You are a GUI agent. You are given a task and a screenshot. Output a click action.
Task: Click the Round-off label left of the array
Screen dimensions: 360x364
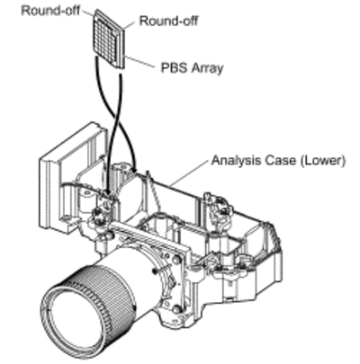(x=50, y=11)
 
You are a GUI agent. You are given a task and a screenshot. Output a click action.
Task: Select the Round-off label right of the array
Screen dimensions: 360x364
(x=168, y=21)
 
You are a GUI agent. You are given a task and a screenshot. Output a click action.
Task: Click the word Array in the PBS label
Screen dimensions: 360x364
(x=207, y=68)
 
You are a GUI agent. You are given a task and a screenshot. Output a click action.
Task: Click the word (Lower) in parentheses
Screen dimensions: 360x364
(x=323, y=160)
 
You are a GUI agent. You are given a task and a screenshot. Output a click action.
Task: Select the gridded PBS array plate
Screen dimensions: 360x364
(x=109, y=39)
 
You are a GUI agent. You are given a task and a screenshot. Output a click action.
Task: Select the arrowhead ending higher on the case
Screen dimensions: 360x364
(x=134, y=169)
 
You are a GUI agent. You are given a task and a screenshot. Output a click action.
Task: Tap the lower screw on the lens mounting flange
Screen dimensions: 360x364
(x=177, y=308)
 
